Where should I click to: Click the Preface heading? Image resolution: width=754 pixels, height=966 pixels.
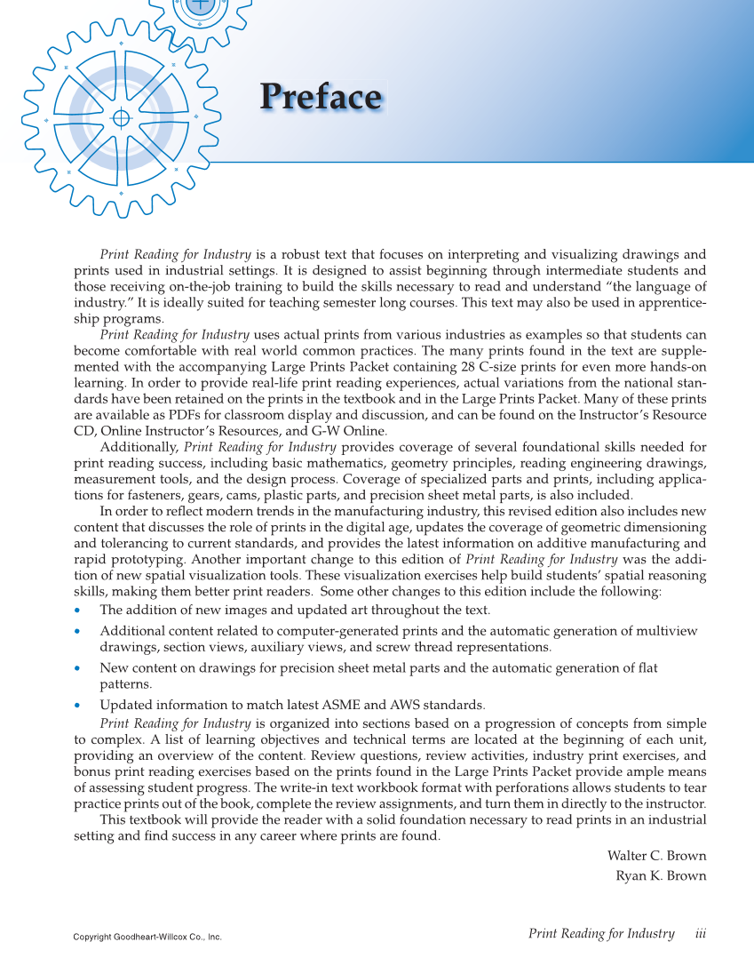pos(321,97)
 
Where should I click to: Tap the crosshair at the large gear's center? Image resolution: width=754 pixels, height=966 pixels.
pos(122,118)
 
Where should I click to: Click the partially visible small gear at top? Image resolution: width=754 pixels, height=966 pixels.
pos(201,12)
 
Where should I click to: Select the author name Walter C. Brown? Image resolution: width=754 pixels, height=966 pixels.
pos(656,856)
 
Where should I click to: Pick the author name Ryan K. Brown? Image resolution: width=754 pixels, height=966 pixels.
pos(661,875)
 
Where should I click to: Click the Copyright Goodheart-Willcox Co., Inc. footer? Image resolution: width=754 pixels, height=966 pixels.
pos(147,937)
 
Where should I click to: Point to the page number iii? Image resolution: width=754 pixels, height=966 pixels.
pos(700,933)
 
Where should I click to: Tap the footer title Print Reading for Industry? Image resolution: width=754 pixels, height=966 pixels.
pos(601,933)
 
